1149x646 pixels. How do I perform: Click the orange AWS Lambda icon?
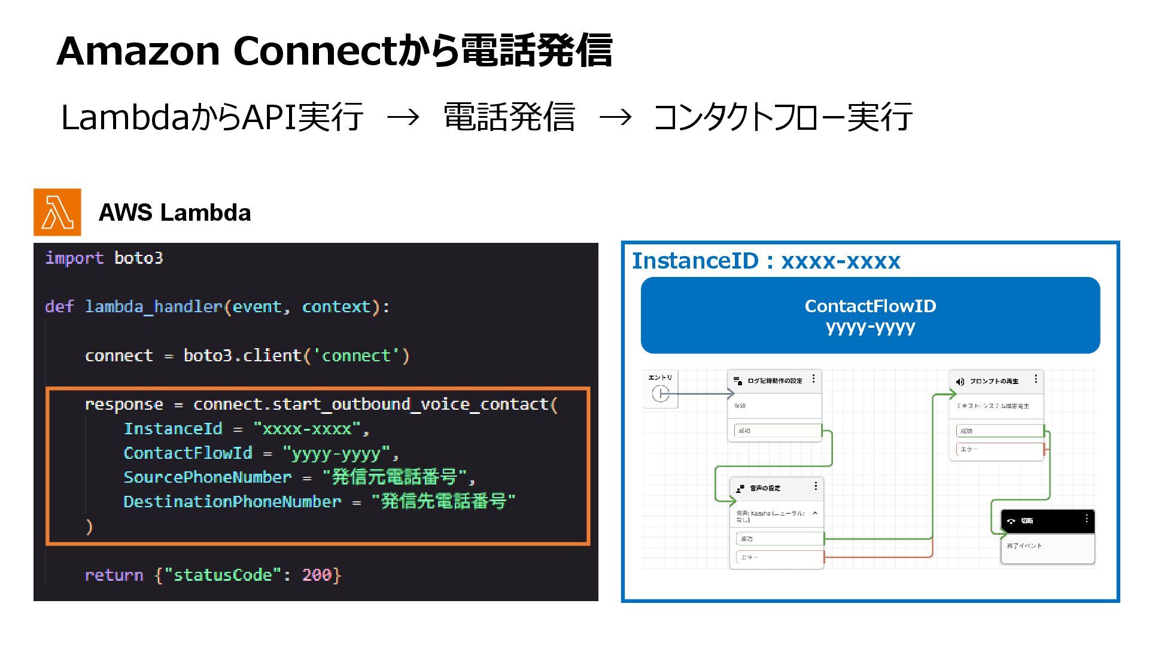57,212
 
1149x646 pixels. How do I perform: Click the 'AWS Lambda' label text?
174,213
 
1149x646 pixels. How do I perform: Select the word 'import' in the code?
74,258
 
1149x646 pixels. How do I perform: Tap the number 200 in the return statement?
317,575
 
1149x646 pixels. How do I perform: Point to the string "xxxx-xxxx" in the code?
307,429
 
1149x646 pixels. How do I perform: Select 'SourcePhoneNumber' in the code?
207,477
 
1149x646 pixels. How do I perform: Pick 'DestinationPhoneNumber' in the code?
232,502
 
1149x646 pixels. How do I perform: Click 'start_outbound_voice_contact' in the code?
411,404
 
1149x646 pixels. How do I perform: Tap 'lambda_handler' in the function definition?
154,307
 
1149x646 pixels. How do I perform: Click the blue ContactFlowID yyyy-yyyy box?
870,315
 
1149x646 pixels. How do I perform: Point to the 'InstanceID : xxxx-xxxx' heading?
766,261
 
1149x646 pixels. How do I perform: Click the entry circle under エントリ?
660,394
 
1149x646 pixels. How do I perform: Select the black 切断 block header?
1047,521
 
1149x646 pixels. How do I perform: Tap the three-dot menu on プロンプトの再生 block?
1036,379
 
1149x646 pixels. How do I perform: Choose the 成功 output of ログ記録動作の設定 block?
777,431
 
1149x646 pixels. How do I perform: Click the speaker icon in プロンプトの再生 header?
960,382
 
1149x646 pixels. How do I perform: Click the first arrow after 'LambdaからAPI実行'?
403,117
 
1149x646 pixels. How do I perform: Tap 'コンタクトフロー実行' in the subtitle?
783,117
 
